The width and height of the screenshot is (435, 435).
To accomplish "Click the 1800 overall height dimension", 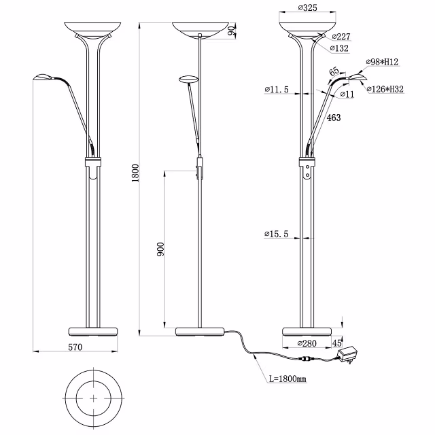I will point(135,176).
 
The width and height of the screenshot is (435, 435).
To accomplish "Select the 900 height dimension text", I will point(160,251).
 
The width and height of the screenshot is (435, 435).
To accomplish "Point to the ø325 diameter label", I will point(309,9).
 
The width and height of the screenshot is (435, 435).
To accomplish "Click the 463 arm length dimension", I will point(333,118).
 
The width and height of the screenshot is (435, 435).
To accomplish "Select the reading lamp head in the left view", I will point(43,77).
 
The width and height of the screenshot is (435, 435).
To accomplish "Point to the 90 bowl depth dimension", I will point(231,30).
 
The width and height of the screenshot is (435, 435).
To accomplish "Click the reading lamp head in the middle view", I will point(188,80).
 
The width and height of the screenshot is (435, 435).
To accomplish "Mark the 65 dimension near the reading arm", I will point(334,71).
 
